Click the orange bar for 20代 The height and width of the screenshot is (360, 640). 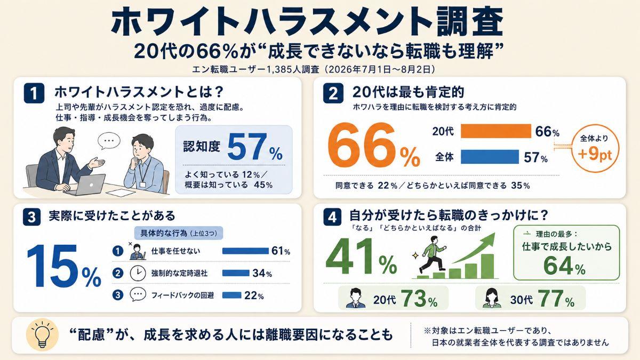pos(495,131)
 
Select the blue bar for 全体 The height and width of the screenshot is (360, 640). pos(490,157)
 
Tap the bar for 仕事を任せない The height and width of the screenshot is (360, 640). pos(245,251)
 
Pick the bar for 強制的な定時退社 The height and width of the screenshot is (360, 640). pos(236,273)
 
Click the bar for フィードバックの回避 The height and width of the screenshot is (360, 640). pos(231,295)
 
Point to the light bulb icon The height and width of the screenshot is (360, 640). pos(42,334)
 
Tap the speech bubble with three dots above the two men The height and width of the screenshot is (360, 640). pos(109,141)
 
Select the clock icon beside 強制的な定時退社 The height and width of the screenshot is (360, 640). pos(138,273)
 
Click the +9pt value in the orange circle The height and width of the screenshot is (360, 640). pos(595,154)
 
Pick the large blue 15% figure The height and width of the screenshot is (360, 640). pos(63,266)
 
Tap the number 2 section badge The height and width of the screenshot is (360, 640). pos(333,93)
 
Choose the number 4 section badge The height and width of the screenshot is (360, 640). pos(332,217)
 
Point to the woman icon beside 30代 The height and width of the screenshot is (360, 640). pos(492,298)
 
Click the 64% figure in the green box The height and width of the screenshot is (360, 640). pos(565,266)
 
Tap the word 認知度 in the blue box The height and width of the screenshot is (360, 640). pos(202,147)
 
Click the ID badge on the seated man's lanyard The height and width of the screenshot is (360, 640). pos(142,185)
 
